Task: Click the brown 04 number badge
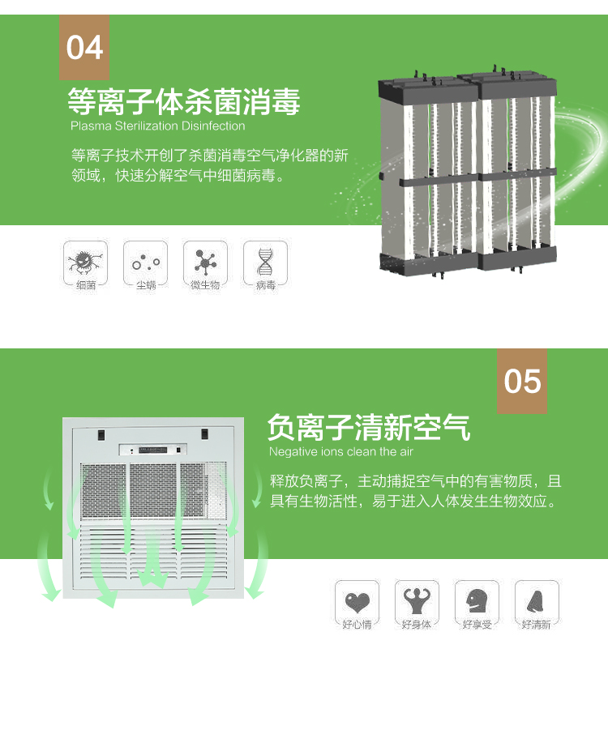coord(84,47)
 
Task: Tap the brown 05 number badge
coord(522,381)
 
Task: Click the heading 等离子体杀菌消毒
coord(184,101)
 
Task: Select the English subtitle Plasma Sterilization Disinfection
coord(157,126)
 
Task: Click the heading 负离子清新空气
coord(368,426)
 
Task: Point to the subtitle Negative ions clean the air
coord(341,451)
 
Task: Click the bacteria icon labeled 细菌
coord(85,261)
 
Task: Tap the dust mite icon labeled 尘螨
coord(146,261)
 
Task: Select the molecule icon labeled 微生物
coord(205,261)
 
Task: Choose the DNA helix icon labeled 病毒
coord(265,261)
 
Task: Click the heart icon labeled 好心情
coord(357,600)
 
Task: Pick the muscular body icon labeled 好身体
coord(417,600)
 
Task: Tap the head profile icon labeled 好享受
coord(477,600)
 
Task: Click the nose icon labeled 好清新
coord(537,600)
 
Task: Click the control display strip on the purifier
coord(153,449)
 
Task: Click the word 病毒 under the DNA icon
coord(265,285)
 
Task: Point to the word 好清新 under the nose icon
coord(537,625)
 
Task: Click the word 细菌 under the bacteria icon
coord(85,285)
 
